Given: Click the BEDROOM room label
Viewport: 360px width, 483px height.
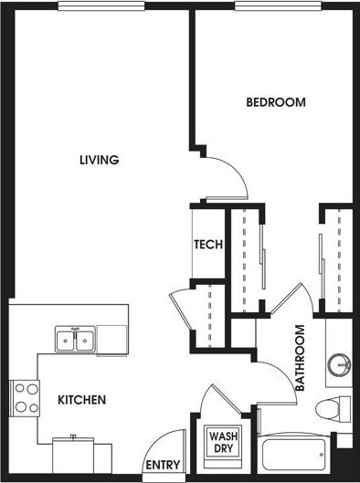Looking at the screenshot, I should click(275, 102).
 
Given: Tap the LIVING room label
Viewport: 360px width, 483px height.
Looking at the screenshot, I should click(100, 161).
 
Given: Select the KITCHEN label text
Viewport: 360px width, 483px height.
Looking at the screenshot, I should click(82, 400).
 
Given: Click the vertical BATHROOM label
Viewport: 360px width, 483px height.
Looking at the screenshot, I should click(300, 358).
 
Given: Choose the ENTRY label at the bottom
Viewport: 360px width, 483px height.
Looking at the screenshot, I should click(163, 465).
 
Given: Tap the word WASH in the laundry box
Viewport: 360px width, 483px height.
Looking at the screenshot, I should click(224, 436).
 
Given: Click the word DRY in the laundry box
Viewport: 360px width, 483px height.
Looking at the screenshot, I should click(224, 451).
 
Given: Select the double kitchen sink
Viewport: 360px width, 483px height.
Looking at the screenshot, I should click(75, 340).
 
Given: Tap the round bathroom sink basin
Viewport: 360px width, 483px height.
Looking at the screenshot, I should click(339, 363).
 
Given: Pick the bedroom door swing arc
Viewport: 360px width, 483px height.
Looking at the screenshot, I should click(232, 172).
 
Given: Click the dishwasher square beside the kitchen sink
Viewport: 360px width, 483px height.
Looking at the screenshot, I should click(113, 340).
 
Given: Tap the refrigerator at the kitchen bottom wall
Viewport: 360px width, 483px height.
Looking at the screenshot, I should click(73, 453).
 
